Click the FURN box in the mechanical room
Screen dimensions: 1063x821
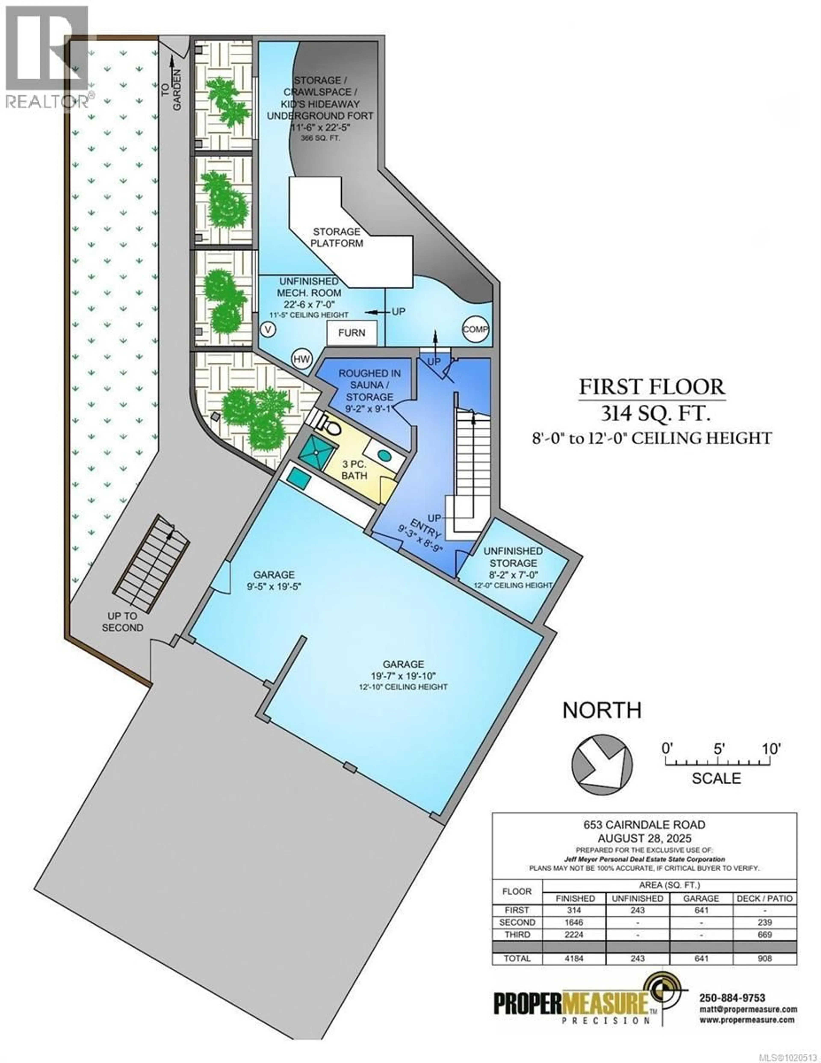point(351,333)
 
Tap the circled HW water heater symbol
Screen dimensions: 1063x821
point(302,359)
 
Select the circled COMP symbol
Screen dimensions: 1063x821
point(475,329)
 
